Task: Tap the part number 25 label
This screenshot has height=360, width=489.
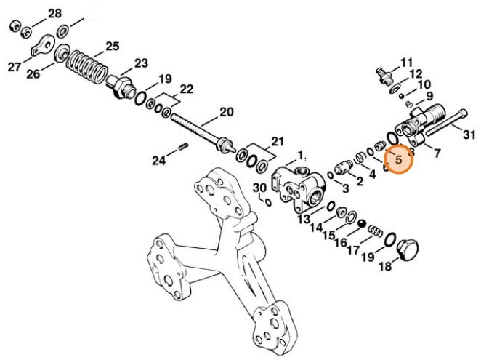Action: click(x=111, y=47)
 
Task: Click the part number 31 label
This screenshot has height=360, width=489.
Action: click(x=469, y=134)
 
